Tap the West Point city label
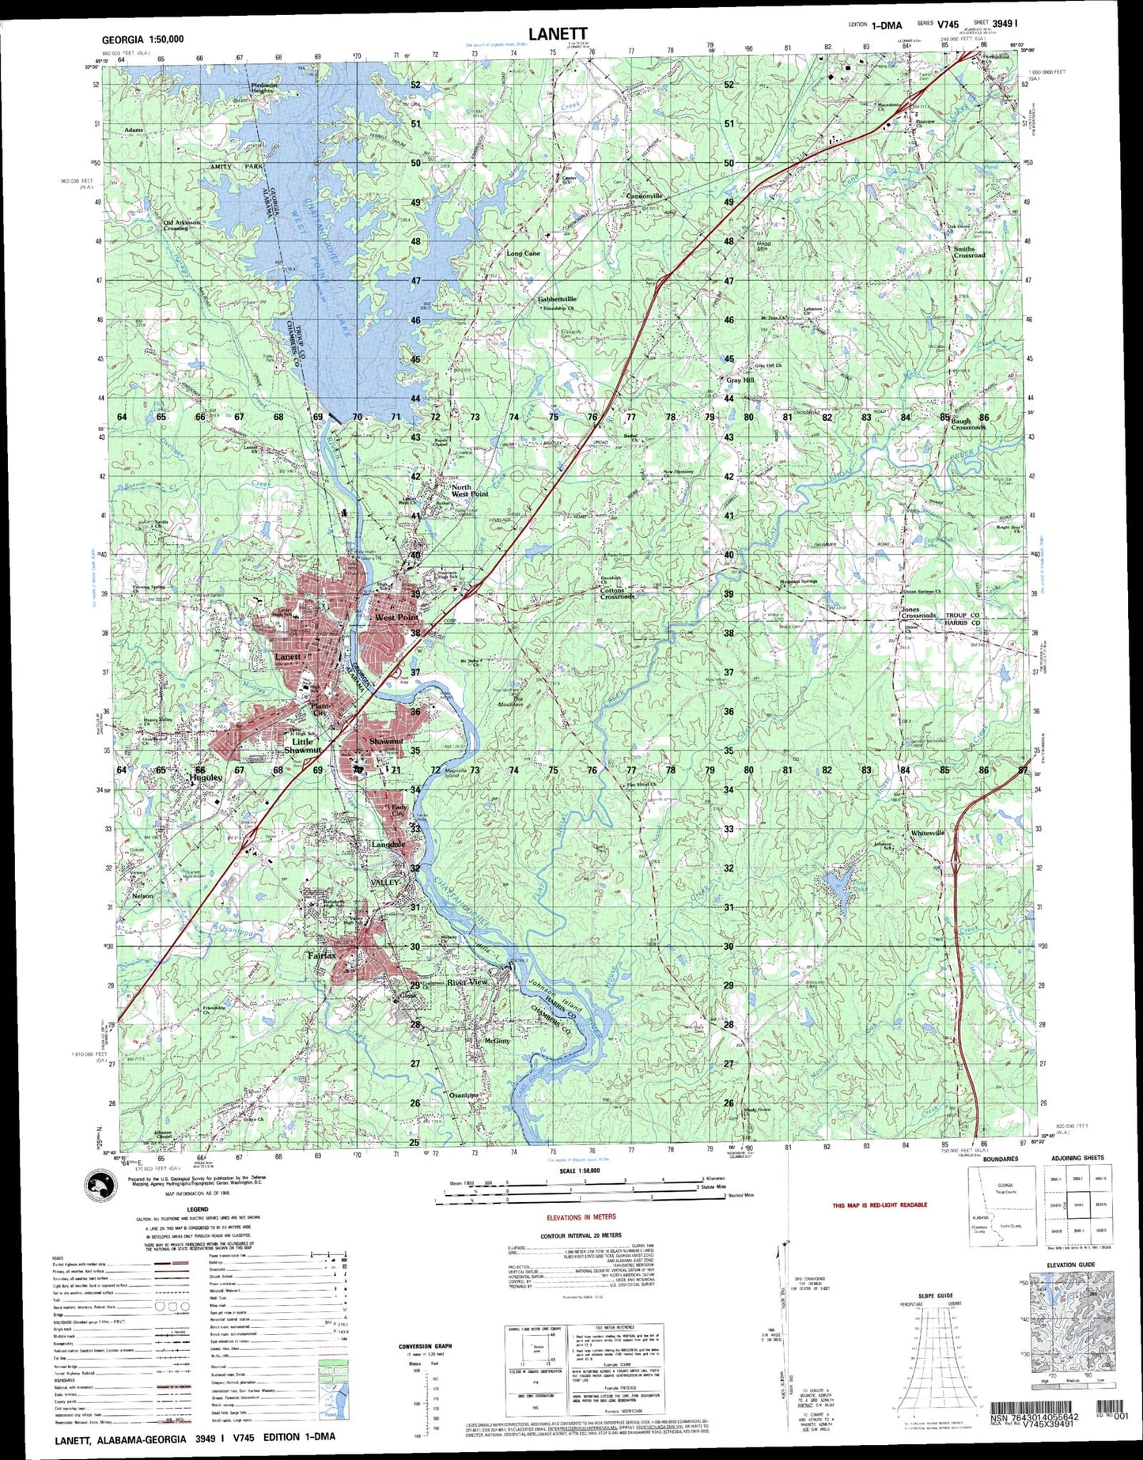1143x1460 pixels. point(397,617)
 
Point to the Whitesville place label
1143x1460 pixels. point(928,833)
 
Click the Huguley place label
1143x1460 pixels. point(206,777)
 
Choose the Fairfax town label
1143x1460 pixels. point(321,955)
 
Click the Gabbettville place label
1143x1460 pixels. point(557,299)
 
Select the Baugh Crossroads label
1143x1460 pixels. point(967,424)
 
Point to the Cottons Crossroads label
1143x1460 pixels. point(617,593)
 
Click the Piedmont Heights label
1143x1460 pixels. point(262,87)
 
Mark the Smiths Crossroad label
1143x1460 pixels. point(969,252)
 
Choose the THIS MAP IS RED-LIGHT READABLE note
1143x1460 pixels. point(879,1205)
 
